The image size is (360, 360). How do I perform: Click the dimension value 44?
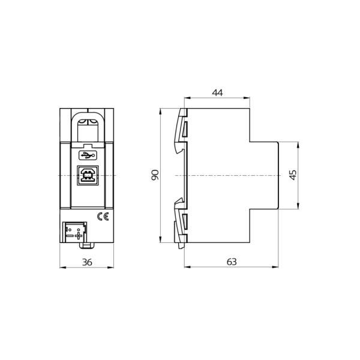point(217,92)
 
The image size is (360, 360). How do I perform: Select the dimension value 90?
point(155,175)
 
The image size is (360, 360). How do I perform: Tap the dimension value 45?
point(293,175)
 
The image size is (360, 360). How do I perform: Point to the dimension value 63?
point(232,262)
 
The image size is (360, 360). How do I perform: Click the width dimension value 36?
point(86,262)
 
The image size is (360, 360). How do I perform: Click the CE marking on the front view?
point(103,217)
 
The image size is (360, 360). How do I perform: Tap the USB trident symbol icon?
point(87,155)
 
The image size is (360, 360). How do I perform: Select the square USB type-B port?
point(87,175)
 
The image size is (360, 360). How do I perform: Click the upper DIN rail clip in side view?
point(181,129)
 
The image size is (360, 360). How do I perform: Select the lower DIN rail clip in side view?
point(181,222)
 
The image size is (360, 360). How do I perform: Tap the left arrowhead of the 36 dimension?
point(62,267)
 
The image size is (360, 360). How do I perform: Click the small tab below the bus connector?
point(87,245)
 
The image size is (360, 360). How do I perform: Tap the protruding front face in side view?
point(264,175)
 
